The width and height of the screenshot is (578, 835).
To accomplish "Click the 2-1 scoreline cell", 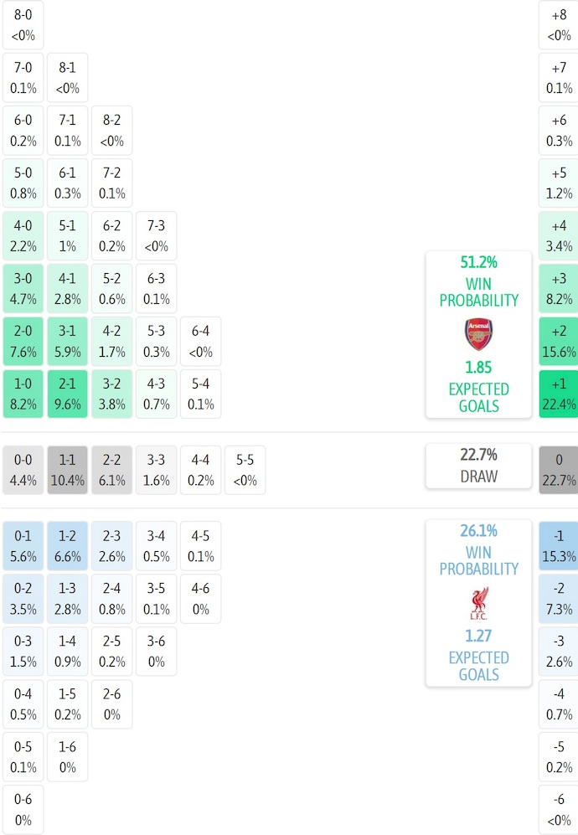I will coord(67,394).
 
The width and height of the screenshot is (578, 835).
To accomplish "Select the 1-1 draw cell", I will coord(67,470).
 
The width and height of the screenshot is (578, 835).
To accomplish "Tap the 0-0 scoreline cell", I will coord(23,470).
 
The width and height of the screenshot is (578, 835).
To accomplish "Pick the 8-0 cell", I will coord(23,24).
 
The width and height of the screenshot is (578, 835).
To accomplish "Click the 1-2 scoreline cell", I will coord(67,545).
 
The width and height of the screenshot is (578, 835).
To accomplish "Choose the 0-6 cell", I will coord(23,809).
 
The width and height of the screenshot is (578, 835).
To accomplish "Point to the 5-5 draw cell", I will coord(245,470).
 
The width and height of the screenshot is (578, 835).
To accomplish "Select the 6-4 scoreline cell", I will coord(201,341).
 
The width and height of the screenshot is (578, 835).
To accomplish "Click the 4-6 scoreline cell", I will coord(201,598).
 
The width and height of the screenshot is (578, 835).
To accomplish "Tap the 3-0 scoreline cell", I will coord(23,288).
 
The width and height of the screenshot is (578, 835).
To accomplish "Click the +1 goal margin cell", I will coord(559,394).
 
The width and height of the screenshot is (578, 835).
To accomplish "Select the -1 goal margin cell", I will coord(559,545).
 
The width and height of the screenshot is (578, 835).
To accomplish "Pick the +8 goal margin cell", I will coord(559,24).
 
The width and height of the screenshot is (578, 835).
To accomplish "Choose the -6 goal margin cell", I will coord(559,809).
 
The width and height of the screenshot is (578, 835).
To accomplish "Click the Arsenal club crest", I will coord(479,334).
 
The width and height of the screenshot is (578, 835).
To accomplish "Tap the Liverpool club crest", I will coord(479,603).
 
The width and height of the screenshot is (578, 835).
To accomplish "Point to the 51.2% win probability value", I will coord(479,262).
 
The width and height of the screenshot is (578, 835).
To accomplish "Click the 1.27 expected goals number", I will coord(479,636).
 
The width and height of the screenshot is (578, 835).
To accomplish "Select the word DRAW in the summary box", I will coord(479,477).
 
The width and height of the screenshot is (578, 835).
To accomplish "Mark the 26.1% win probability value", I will coord(479,531).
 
